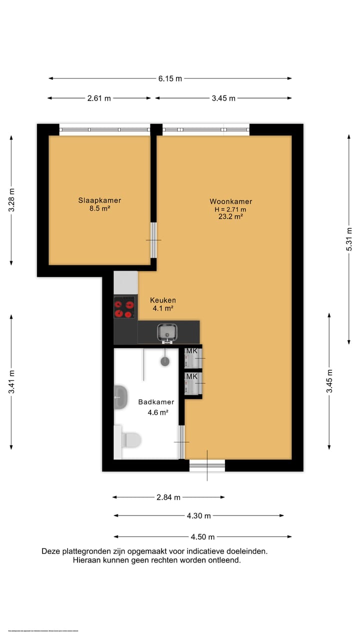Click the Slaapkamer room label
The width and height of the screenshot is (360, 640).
pos(99,200)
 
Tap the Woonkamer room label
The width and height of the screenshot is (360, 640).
pos(230,201)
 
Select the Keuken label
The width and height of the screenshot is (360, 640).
pos(163,300)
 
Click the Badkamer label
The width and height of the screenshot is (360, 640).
pos(156,402)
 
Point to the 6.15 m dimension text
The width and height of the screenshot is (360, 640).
pos(170,78)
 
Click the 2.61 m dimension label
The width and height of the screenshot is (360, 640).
pos(99,98)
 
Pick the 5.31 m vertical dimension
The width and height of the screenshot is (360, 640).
pos(350,239)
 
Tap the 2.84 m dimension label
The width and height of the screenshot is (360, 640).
pos(168,497)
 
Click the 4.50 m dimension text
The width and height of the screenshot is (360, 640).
pos(202,537)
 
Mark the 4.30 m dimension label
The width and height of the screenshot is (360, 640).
pos(198,516)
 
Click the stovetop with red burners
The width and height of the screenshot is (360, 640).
pos(124,307)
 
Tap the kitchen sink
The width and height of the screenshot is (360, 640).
pos(166,331)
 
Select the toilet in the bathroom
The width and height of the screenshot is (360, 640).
pos(131,440)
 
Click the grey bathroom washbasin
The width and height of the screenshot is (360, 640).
pos(120,397)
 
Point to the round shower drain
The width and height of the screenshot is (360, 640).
pos(164,361)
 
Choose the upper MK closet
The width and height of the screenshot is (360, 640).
pos(192,358)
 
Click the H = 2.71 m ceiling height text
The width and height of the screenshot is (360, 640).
pos(230,209)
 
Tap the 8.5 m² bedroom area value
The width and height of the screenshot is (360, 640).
pos(99,208)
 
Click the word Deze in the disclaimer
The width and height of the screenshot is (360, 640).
pos(51,551)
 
